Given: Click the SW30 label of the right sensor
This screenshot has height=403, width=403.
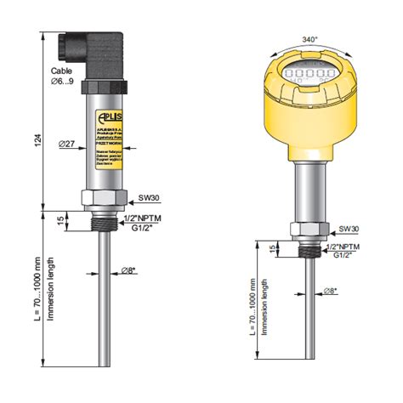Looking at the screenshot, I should (x=349, y=230).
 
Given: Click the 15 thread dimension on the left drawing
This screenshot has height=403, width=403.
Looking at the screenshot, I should (x=59, y=220).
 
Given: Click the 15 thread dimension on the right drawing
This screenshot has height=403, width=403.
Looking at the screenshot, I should (x=272, y=248).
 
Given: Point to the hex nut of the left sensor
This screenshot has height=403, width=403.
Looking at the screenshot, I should (x=104, y=198).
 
